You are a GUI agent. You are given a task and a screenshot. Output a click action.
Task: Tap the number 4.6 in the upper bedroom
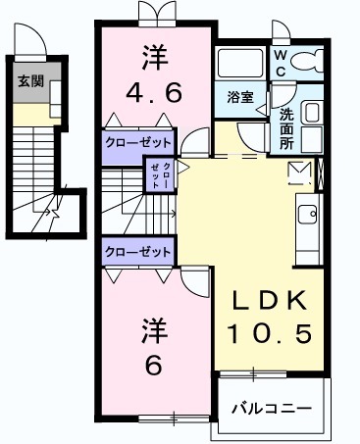click(153, 94)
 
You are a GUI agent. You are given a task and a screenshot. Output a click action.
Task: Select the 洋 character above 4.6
click(153, 57)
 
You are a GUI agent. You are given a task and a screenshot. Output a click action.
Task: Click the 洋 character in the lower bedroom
click(153, 327)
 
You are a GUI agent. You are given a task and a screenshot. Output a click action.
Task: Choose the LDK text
click(271, 299)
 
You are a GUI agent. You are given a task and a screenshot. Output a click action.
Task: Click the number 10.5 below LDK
click(271, 333)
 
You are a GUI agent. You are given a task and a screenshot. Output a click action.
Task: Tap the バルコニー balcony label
click(272, 408)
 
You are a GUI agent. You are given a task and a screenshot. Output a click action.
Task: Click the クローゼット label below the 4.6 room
click(138, 140)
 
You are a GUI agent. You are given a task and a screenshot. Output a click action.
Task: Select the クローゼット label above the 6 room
click(138, 252)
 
